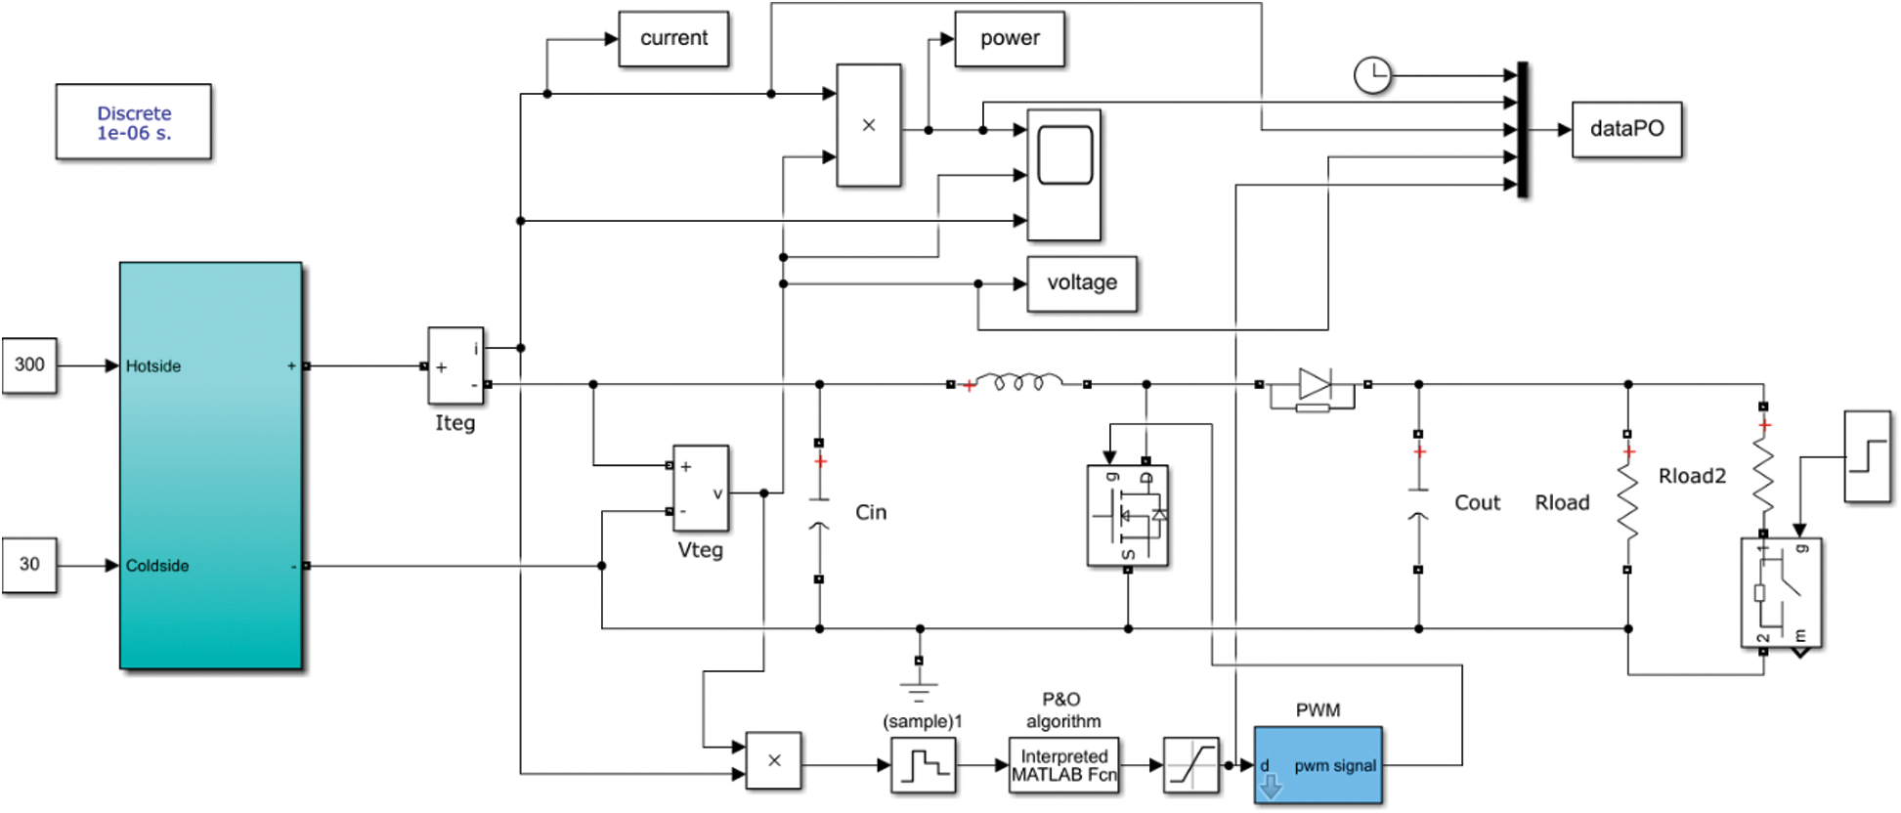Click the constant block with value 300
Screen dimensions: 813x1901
click(29, 365)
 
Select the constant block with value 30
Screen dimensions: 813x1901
click(29, 565)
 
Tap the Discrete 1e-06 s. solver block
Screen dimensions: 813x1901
click(134, 122)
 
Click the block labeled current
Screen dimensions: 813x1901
click(673, 39)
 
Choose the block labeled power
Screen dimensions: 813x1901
click(1010, 39)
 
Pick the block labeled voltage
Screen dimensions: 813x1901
click(1082, 283)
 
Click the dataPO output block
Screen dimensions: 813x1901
click(1626, 129)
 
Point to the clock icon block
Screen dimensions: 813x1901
click(1372, 75)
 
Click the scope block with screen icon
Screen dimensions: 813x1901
click(1064, 175)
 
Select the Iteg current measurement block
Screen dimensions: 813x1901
click(455, 365)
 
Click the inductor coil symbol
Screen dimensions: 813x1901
click(1018, 382)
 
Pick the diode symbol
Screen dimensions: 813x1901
click(1314, 384)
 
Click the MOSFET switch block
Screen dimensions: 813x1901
click(1128, 516)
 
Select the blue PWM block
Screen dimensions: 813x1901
click(1318, 765)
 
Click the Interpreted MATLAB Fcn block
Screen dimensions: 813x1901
click(1063, 765)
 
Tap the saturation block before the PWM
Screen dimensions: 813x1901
click(1190, 765)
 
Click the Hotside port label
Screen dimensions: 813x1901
click(153, 366)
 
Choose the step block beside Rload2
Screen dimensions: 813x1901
click(1867, 456)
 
